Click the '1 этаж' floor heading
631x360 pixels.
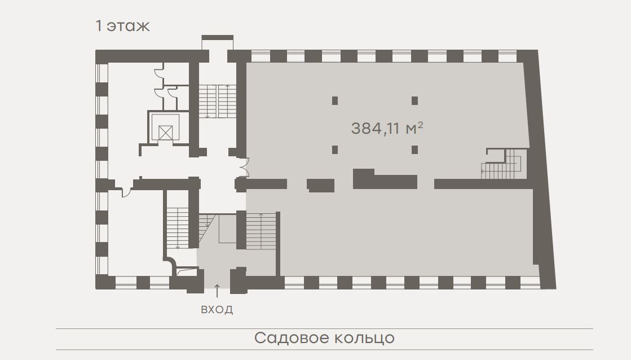pos(122,26)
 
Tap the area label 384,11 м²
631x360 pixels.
pos(387,129)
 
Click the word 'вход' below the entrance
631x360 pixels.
pos(217,309)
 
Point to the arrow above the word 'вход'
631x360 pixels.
pos(217,291)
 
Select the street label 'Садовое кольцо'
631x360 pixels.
pos(324,338)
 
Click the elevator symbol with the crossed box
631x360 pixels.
pos(165,133)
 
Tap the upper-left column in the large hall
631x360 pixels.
pos(335,100)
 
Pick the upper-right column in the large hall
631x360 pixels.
pos(414,100)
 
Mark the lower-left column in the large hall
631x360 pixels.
pos(335,150)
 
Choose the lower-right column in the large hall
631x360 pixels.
pos(414,150)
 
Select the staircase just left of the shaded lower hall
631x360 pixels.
pos(261,231)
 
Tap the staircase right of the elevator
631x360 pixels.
pos(217,100)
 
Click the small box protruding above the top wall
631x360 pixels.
pos(217,37)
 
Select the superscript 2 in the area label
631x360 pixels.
pos(421,125)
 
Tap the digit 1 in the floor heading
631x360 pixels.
pos(99,26)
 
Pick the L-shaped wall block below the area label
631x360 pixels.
pos(385,179)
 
